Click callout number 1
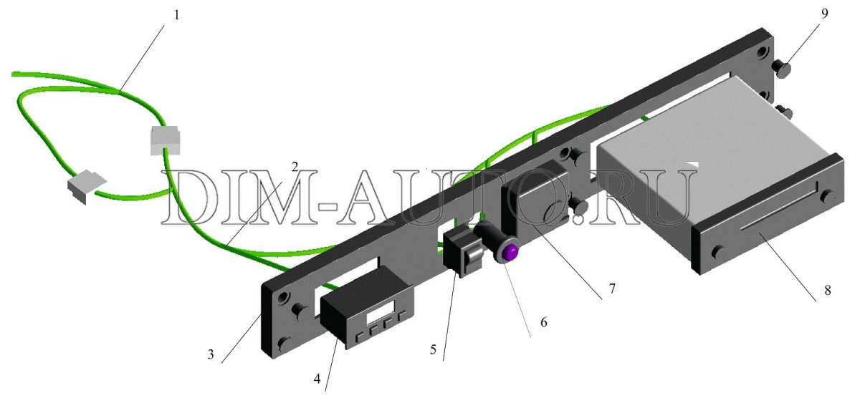pyautogui.click(x=176, y=16)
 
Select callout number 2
pyautogui.click(x=295, y=167)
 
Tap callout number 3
pyautogui.click(x=211, y=355)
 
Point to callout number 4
pyautogui.click(x=317, y=379)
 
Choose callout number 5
pyautogui.click(x=433, y=349)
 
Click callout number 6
pyautogui.click(x=544, y=323)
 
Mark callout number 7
pyautogui.click(x=612, y=288)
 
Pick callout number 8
pyautogui.click(x=827, y=291)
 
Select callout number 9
pyautogui.click(x=825, y=14)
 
